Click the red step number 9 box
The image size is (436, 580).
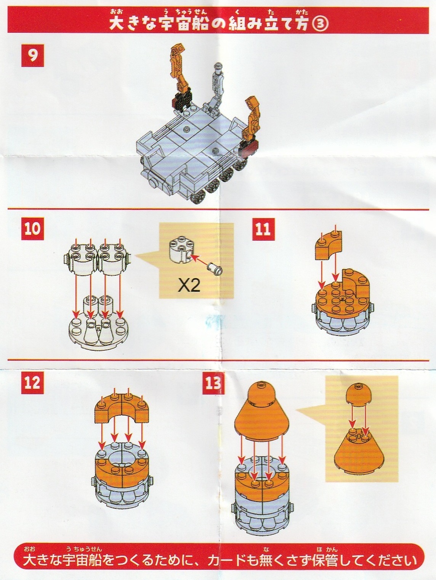tap(32, 56)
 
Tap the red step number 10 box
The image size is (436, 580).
tap(32, 229)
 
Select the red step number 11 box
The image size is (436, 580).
tap(263, 229)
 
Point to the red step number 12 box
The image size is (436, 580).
tap(32, 383)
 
